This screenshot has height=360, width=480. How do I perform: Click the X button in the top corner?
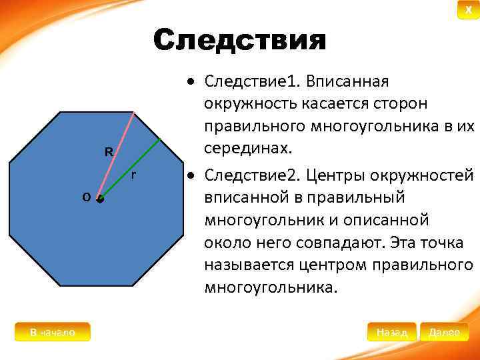tap(468, 9)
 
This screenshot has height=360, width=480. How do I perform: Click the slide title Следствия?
tap(239, 41)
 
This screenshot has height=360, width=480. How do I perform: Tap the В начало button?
tap(52, 331)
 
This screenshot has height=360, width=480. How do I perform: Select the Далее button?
tap(444, 331)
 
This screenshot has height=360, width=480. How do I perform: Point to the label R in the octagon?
tap(108, 152)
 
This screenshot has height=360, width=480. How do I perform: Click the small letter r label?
tap(134, 175)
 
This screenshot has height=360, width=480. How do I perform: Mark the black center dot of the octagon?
tap(100, 199)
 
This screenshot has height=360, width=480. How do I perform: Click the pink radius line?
tap(117, 155)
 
